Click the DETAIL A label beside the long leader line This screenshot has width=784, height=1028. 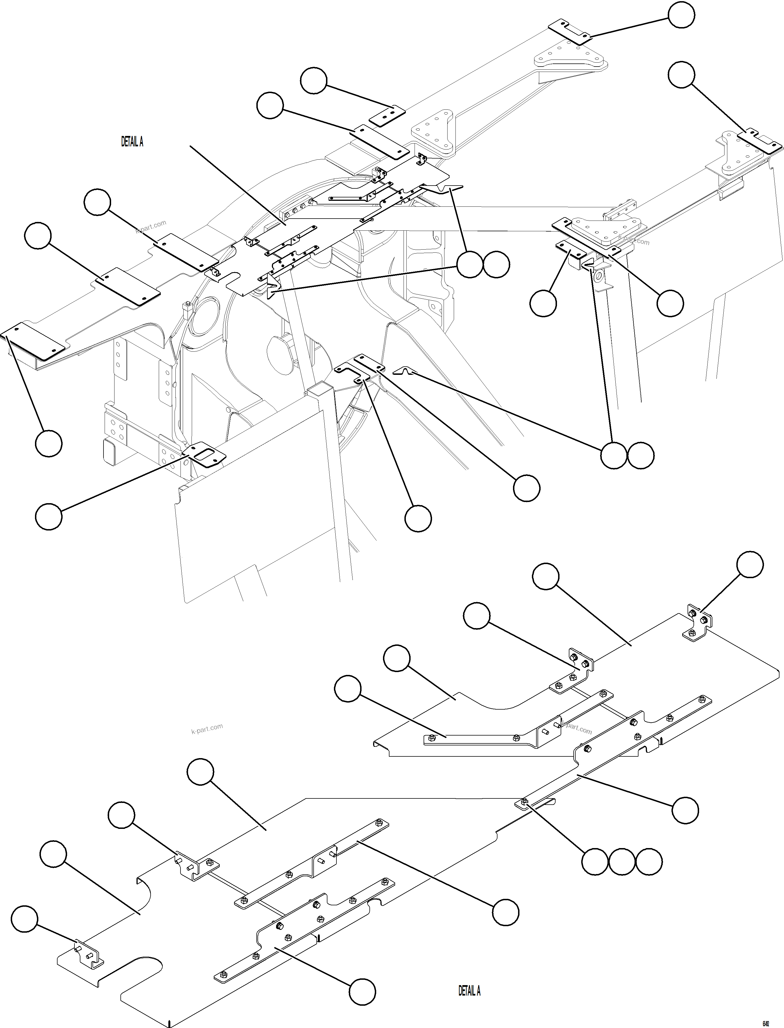(132, 142)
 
